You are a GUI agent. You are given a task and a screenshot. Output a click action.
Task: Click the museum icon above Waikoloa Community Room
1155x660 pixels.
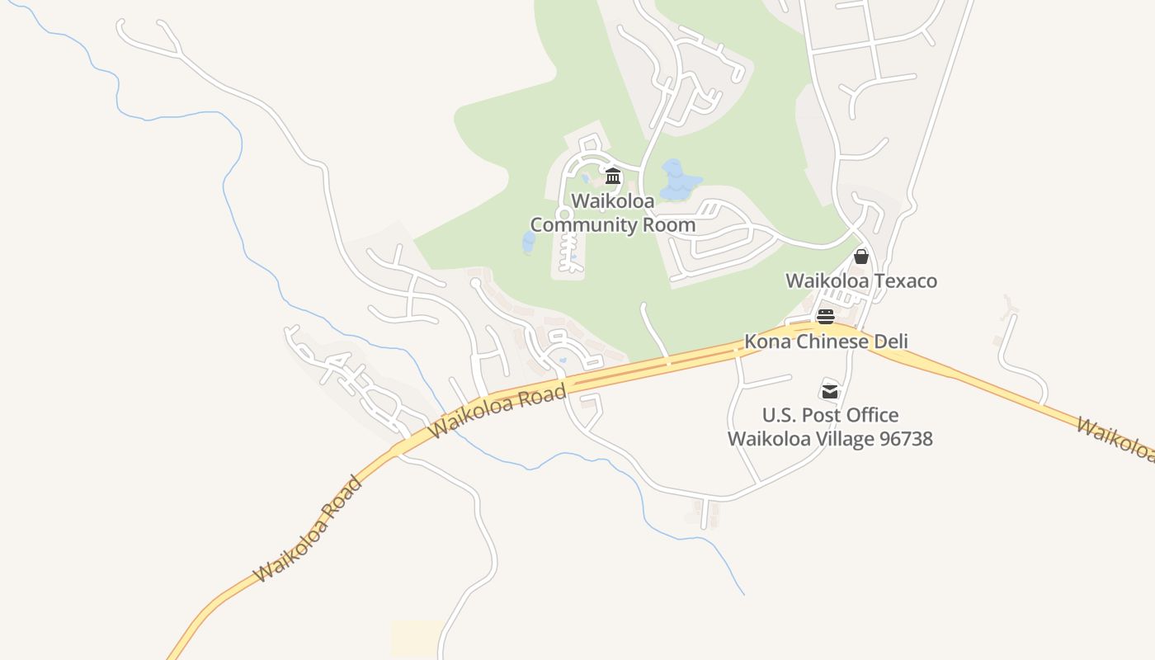tap(613, 176)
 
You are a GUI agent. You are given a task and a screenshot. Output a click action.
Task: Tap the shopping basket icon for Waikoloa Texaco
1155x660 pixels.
tap(861, 257)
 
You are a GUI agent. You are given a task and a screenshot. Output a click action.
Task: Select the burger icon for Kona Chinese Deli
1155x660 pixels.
tap(826, 317)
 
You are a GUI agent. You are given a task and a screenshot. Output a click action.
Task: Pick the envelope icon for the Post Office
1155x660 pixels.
tap(830, 390)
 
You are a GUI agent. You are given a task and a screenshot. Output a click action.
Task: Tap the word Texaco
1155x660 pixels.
tap(906, 280)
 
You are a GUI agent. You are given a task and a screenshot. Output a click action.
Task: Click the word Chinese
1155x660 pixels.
tap(828, 342)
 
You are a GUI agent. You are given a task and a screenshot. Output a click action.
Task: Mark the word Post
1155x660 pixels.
tap(821, 415)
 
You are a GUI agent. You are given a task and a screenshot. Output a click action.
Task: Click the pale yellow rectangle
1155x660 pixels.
tap(417, 638)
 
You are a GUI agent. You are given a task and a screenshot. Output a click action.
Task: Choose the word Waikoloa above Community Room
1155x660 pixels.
tap(613, 201)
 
